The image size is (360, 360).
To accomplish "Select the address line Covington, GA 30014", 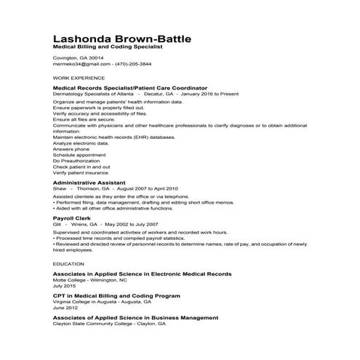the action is tap(79, 57).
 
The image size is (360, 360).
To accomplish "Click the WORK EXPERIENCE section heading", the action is tap(79, 77).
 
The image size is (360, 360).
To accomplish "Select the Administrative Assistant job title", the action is tap(89, 182).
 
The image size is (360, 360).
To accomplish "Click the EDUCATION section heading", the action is tap(68, 263).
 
